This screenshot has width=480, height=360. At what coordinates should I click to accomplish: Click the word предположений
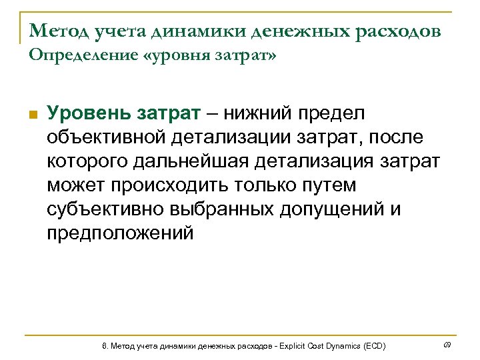[x=119, y=233]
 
